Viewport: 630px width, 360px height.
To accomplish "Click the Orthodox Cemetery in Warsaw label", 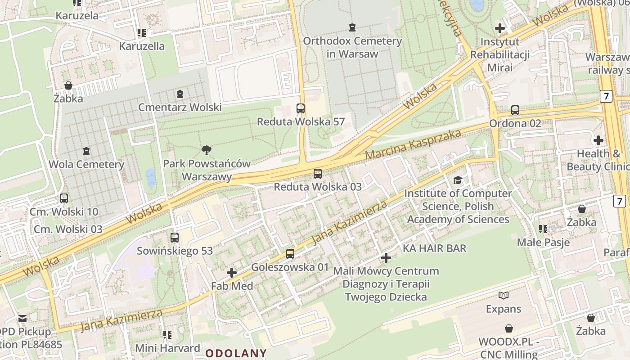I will pyautogui.click(x=352, y=47).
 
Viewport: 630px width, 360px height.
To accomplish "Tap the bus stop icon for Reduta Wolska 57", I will pyautogui.click(x=301, y=108).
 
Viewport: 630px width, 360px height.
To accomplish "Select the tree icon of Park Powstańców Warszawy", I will pyautogui.click(x=207, y=150).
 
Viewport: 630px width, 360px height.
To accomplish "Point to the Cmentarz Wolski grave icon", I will pyautogui.click(x=180, y=94).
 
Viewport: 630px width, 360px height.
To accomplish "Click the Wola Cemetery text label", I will pyautogui.click(x=86, y=164).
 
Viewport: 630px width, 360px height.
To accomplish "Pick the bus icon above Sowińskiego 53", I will pyautogui.click(x=175, y=237).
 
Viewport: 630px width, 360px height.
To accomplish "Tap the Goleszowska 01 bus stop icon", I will pyautogui.click(x=290, y=254).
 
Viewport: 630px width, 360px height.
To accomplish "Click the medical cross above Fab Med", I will pyautogui.click(x=232, y=273).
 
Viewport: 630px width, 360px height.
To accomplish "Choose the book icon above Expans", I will pyautogui.click(x=504, y=296).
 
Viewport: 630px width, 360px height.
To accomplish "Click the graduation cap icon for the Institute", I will pyautogui.click(x=458, y=180).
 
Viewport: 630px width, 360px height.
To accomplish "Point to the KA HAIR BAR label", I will pyautogui.click(x=434, y=248).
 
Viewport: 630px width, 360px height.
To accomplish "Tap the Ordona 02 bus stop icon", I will pyautogui.click(x=515, y=110).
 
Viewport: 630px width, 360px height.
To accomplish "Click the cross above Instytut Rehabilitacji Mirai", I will pyautogui.click(x=499, y=28).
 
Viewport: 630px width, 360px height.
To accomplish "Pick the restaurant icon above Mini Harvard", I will pyautogui.click(x=167, y=334).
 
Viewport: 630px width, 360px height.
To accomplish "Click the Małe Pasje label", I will pyautogui.click(x=543, y=243).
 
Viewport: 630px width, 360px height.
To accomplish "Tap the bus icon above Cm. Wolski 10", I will pyautogui.click(x=64, y=198).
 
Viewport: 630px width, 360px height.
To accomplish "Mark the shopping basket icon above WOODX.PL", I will pyautogui.click(x=508, y=328).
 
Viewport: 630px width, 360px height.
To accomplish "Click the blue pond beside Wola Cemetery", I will pyautogui.click(x=150, y=178).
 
